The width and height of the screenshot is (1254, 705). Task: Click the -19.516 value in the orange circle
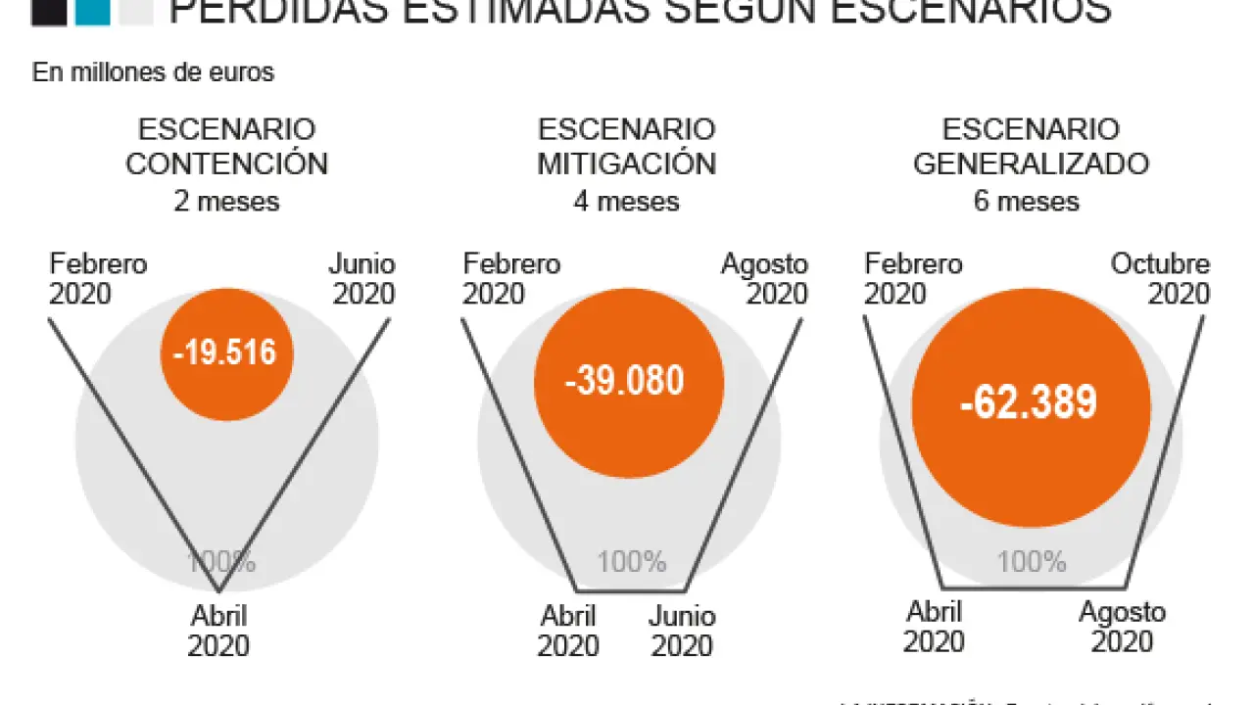(225, 352)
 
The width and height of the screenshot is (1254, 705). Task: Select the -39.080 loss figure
(624, 381)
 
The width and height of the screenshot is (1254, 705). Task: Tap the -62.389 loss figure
(1029, 402)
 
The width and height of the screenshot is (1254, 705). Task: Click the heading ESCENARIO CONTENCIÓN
(226, 147)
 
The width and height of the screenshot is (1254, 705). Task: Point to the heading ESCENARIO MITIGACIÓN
(626, 147)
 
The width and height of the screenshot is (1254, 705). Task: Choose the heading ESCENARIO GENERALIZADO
(1031, 147)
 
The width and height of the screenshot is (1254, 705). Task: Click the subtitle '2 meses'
(226, 202)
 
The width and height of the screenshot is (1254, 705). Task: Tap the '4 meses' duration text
(626, 202)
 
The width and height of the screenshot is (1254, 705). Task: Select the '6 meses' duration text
(1027, 202)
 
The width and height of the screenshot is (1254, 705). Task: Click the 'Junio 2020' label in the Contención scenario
(362, 279)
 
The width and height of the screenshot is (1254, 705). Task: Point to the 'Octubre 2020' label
(1162, 279)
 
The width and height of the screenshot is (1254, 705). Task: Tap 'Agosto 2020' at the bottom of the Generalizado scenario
(1123, 628)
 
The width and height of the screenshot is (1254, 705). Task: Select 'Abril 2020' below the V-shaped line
(218, 632)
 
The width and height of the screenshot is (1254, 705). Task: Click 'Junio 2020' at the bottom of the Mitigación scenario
(683, 632)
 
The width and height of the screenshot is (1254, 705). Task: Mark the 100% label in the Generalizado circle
(1032, 562)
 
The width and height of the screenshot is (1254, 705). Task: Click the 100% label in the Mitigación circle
(632, 562)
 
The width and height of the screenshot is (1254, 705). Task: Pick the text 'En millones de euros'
(154, 73)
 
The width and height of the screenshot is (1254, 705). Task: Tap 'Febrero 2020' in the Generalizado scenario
(912, 279)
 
